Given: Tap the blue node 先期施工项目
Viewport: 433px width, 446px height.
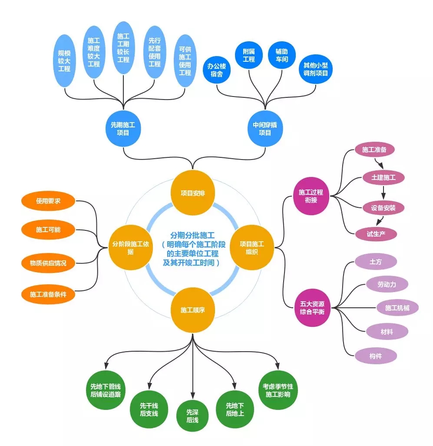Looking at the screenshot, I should click(x=123, y=129).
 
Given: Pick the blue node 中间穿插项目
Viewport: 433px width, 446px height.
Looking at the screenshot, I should click(x=265, y=129).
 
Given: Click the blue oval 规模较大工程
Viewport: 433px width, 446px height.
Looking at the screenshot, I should click(x=64, y=61).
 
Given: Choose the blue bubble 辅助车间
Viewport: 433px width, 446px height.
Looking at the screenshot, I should click(x=281, y=55).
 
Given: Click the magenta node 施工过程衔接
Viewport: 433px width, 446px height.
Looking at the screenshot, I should click(x=311, y=196).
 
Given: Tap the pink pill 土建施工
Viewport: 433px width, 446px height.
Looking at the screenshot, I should click(x=383, y=177).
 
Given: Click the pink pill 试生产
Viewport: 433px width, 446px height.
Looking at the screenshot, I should click(x=376, y=234).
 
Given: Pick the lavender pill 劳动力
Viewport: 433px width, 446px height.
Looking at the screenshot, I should click(x=387, y=284).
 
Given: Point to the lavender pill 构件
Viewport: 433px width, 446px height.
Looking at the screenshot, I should click(x=376, y=356).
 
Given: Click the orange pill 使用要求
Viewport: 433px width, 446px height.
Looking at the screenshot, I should click(x=49, y=201).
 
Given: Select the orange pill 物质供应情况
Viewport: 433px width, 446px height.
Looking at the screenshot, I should click(x=49, y=263).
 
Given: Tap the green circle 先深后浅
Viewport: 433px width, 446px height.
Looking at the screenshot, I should click(x=192, y=416).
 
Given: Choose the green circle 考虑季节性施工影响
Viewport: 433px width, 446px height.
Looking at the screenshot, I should click(x=278, y=390).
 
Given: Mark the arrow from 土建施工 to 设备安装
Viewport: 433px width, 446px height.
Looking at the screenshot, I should click(x=383, y=192).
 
